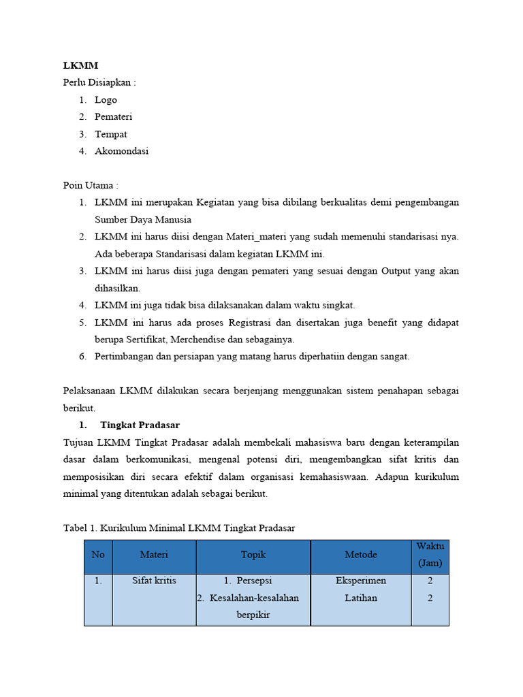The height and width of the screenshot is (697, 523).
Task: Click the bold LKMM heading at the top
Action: pos(80,65)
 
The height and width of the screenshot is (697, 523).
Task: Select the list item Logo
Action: pos(106,100)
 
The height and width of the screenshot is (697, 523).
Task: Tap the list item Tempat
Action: pos(110,134)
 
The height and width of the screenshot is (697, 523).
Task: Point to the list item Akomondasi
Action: pos(121,151)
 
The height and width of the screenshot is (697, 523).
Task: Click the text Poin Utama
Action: pos(90,185)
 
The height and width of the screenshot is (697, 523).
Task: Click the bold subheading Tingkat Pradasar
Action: pos(140,425)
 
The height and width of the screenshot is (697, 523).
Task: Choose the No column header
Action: pos(98,555)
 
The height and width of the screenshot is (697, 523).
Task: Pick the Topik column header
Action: pos(253,555)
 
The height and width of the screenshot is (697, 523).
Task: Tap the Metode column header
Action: pos(360,555)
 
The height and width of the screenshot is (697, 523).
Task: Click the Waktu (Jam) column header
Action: pos(430,555)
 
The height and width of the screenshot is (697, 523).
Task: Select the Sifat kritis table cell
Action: pos(154,581)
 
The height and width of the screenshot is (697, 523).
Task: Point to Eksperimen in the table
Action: pos(360,581)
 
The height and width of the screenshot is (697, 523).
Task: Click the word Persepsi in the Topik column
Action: pos(253,581)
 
